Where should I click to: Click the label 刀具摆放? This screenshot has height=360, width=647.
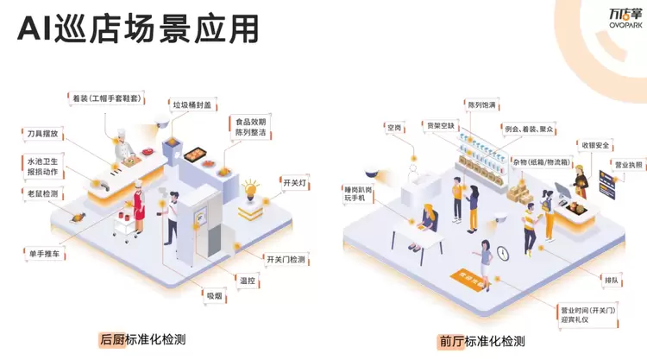tap(42, 134)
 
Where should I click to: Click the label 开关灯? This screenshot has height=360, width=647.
tap(293, 183)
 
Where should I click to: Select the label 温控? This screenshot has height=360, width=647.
tap(248, 280)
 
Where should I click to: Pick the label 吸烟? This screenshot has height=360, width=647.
tap(213, 295)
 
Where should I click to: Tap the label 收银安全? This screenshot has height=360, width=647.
tap(595, 144)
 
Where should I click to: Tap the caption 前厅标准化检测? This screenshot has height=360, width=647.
tap(483, 340)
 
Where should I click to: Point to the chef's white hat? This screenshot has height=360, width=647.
tap(120, 136)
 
